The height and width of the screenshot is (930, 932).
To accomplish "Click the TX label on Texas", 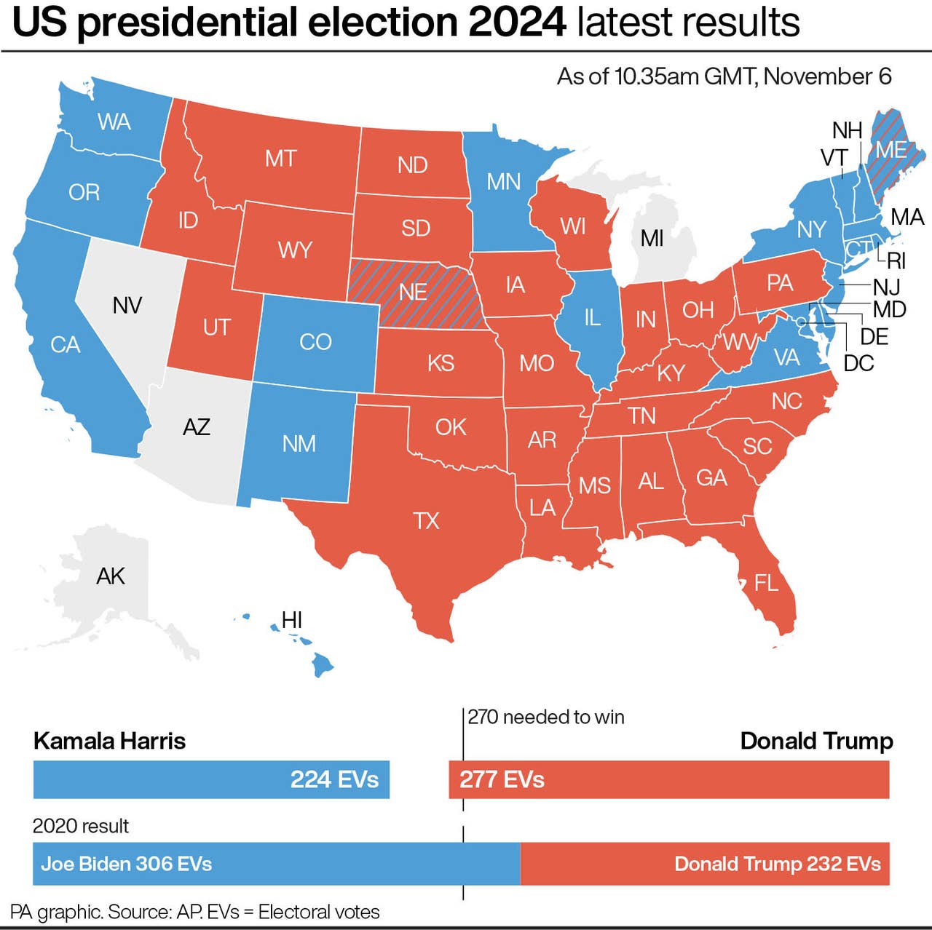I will click(426, 521).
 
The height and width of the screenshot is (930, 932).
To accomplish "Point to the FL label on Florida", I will click(766, 583).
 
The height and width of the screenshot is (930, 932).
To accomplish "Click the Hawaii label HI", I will click(291, 620).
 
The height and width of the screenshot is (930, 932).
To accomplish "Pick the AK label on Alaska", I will click(111, 576).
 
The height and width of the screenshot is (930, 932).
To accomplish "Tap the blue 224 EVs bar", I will click(211, 779).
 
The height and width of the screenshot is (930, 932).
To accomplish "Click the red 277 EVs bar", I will click(668, 779).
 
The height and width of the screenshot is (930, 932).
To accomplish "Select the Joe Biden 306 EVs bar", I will click(276, 864).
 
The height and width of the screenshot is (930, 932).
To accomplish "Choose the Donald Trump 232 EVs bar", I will click(705, 864).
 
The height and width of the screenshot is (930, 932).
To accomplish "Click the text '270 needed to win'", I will click(546, 718).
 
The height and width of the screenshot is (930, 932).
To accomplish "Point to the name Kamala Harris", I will click(109, 741).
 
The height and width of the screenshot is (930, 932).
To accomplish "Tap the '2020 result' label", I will click(80, 826).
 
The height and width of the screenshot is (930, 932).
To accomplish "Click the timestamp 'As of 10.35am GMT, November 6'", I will click(724, 76).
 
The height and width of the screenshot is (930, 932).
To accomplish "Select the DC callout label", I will click(858, 363).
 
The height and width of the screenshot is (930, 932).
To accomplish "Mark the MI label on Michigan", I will click(652, 238).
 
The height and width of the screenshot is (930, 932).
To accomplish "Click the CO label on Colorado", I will click(315, 341).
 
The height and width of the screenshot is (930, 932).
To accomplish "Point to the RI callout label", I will click(896, 261).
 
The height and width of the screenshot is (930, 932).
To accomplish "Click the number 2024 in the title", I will click(517, 23).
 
